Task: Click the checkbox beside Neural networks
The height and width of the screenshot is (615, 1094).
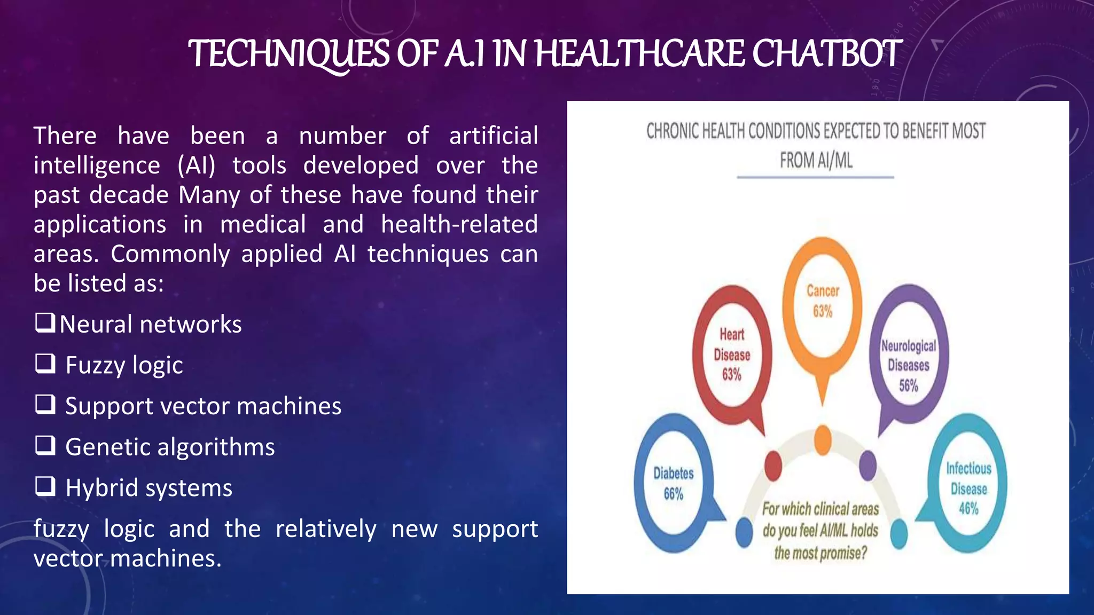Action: [45, 322]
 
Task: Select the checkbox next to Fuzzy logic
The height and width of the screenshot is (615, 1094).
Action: [45, 364]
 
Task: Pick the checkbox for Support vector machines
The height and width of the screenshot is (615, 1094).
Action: [45, 404]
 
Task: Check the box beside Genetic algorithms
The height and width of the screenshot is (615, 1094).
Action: [45, 445]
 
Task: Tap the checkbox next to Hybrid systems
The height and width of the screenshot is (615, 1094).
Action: [45, 486]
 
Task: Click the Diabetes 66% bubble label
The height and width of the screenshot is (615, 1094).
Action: [674, 483]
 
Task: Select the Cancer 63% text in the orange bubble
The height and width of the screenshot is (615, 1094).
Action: [823, 301]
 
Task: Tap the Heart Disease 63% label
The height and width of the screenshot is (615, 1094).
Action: [732, 354]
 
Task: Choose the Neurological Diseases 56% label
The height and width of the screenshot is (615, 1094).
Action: [909, 365]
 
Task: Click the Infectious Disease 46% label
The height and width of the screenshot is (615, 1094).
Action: [968, 488]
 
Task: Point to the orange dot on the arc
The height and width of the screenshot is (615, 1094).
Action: [823, 440]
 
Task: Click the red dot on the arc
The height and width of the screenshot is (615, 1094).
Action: [773, 466]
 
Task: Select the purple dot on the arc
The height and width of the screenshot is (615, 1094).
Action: [868, 464]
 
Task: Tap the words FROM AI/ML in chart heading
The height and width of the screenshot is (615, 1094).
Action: [816, 160]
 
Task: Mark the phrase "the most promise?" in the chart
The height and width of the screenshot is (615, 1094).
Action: [820, 553]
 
